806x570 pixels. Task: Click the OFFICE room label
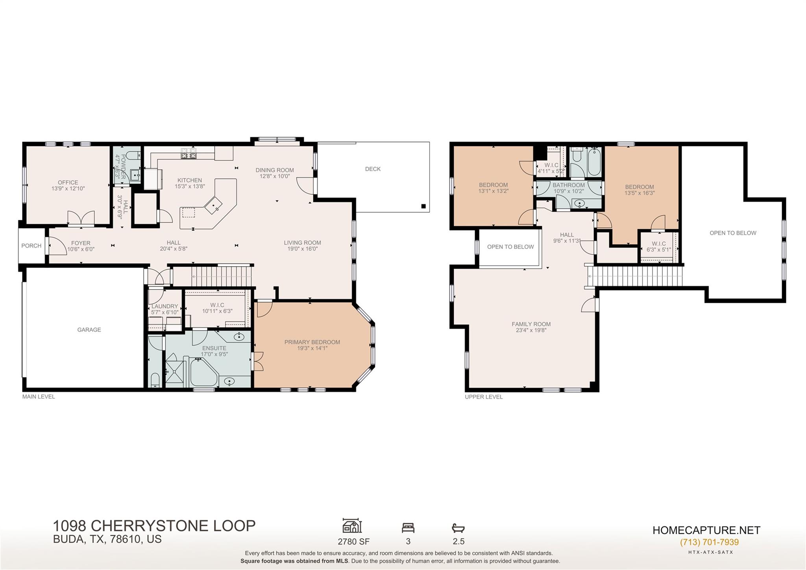click(x=68, y=182)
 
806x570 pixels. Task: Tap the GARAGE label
click(x=89, y=330)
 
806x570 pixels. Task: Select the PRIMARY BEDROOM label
click(x=312, y=342)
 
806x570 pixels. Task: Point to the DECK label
click(x=373, y=169)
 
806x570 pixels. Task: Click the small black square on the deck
click(x=423, y=206)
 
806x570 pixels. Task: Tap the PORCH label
click(x=31, y=246)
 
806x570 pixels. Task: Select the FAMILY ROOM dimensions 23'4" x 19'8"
click(x=531, y=330)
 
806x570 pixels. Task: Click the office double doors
click(x=81, y=218)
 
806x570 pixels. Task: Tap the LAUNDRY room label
click(x=165, y=306)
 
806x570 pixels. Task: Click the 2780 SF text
click(x=353, y=541)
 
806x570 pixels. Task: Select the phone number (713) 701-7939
click(x=709, y=542)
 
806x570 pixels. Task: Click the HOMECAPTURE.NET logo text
click(x=706, y=530)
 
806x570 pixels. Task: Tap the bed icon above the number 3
click(x=408, y=527)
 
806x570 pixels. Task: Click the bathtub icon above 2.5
click(x=458, y=527)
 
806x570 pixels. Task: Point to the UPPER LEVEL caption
click(x=484, y=397)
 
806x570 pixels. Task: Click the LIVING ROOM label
click(x=302, y=243)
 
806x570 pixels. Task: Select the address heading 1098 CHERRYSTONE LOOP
click(x=154, y=526)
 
